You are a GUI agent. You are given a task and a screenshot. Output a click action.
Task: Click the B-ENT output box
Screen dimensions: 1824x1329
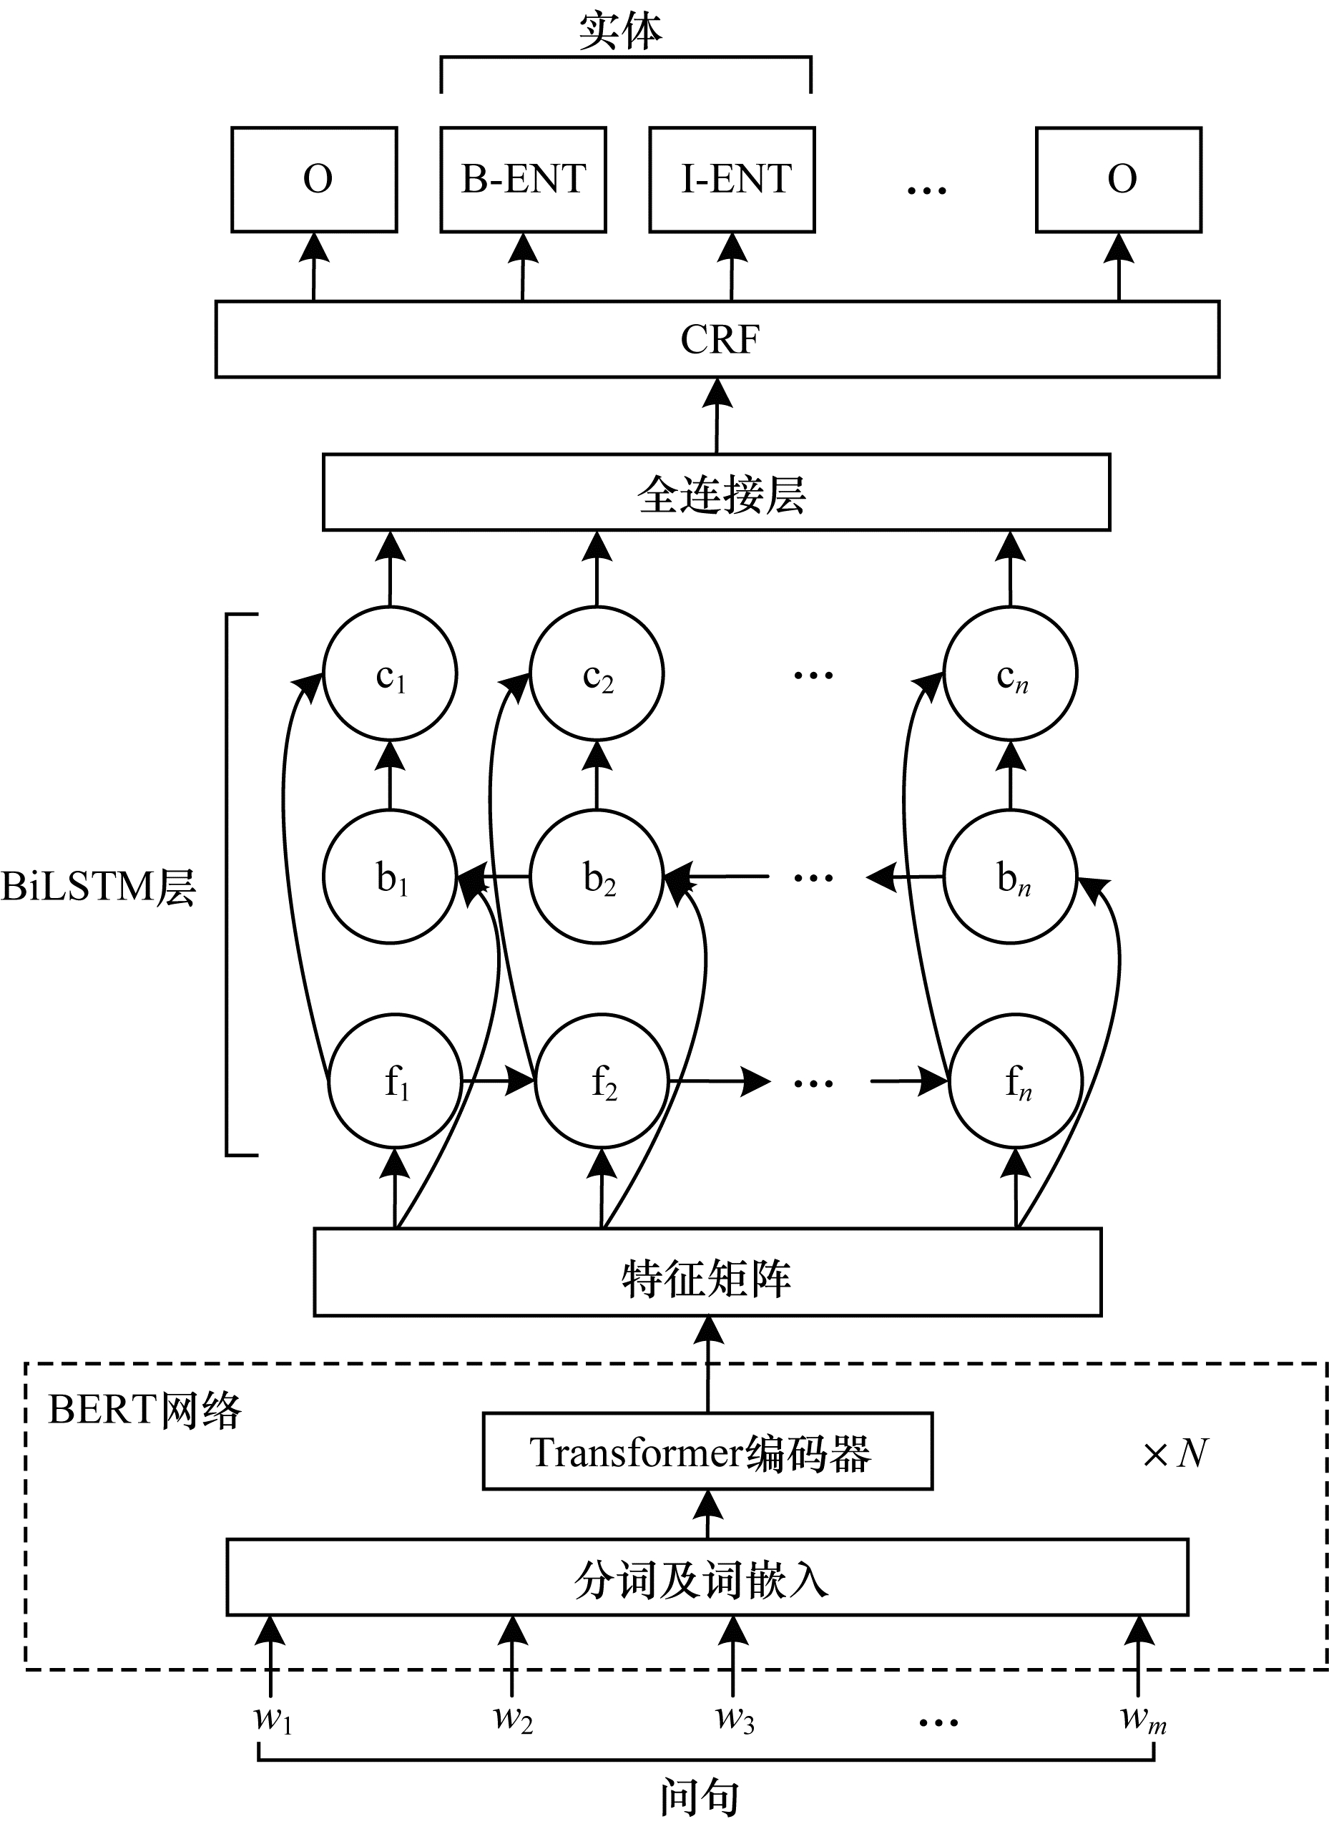523,180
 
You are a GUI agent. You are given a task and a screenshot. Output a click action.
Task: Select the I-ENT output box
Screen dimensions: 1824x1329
732,180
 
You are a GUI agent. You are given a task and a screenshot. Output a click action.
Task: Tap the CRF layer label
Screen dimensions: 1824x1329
719,339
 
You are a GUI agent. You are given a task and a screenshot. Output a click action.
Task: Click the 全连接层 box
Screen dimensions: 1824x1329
716,492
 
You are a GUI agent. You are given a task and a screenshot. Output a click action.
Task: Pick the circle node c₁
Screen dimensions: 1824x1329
390,674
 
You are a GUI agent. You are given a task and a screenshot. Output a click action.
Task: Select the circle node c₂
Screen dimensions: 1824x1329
597,674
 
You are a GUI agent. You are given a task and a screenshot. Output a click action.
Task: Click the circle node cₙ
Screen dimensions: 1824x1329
1011,674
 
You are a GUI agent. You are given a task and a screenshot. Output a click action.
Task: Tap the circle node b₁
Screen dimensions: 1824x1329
390,877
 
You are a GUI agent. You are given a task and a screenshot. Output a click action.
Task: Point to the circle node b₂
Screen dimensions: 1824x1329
597,877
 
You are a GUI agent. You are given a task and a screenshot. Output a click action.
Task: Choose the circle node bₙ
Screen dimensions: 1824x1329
1011,877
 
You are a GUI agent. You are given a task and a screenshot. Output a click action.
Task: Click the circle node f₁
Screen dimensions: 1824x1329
395,1081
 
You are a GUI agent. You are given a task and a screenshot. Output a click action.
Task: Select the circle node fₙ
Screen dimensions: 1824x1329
1016,1081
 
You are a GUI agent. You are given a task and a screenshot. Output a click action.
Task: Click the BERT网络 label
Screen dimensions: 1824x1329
144,1410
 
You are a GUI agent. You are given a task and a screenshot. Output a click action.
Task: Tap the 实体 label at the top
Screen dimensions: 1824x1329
620,31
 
